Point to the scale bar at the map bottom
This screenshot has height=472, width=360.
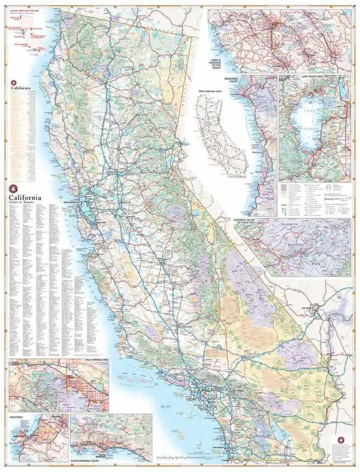tap(177, 458)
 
